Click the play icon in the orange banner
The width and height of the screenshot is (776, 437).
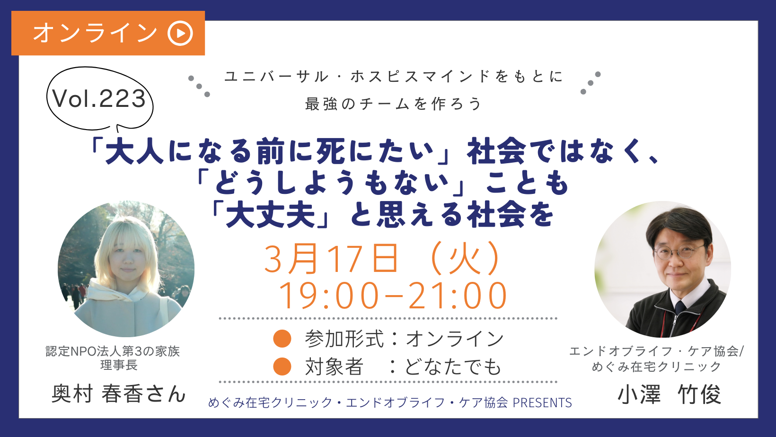(x=180, y=33)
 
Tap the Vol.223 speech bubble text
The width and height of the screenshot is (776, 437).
(x=99, y=98)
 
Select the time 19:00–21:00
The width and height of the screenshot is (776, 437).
(x=393, y=296)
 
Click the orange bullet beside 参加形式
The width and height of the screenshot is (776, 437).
(x=282, y=338)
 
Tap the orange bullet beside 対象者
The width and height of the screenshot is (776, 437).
(x=282, y=367)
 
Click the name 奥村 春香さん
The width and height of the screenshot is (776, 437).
(x=118, y=393)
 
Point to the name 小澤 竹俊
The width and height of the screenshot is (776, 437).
(x=669, y=394)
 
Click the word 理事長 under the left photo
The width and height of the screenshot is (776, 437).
(x=119, y=365)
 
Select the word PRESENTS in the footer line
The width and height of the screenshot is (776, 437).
(x=542, y=403)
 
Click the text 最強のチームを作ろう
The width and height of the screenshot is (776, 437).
(x=394, y=104)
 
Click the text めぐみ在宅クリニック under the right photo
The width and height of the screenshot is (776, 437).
(x=656, y=367)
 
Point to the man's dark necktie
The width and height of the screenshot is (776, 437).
(x=679, y=307)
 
